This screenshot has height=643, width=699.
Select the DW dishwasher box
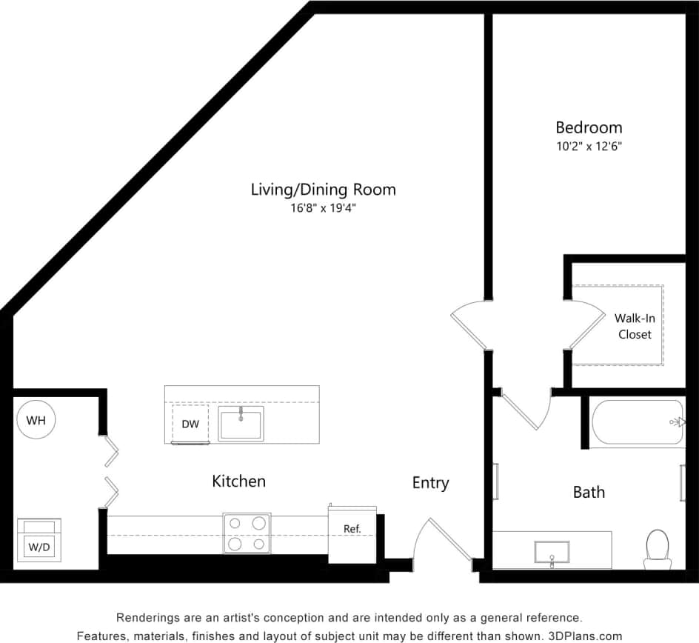pos(190,424)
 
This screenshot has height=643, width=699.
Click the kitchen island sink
pos(241,423)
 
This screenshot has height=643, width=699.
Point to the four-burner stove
pos(247,533)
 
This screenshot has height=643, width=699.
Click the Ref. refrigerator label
pos(352,529)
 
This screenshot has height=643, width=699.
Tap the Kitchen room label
pos(238,482)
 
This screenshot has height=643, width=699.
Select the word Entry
pos(430,483)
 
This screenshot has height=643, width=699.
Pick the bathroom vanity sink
pos(552,552)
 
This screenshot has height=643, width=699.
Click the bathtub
pos(637,422)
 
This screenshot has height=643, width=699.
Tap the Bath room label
pos(589,492)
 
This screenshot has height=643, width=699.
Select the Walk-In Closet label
pos(635,326)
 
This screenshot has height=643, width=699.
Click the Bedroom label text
pos(589,127)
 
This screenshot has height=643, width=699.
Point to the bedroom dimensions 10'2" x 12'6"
pos(589,147)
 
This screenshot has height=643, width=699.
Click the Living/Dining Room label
pos(323,190)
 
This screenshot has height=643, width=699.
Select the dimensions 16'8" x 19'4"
pos(323,209)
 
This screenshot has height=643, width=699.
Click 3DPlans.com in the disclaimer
pos(584,636)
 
